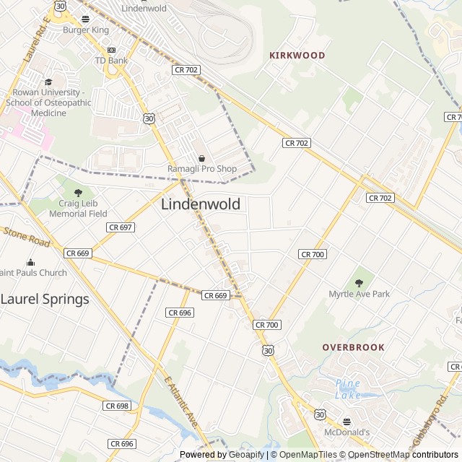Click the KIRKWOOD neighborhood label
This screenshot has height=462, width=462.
(297, 55)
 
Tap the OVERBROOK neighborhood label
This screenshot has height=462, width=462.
(353, 347)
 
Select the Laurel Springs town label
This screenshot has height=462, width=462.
(45, 299)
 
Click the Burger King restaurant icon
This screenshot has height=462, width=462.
(86, 19)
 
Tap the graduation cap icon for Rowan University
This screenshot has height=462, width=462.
(48, 82)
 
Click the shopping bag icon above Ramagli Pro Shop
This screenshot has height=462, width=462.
(201, 159)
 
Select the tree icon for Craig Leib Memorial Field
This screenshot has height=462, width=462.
(79, 193)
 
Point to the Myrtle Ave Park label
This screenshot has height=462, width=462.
(359, 294)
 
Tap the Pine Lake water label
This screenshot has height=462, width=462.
(349, 389)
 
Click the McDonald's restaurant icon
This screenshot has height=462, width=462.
(346, 422)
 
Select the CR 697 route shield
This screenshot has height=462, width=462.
(120, 227)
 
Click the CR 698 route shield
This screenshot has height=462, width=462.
(116, 406)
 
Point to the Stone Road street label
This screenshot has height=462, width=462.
(26, 237)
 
